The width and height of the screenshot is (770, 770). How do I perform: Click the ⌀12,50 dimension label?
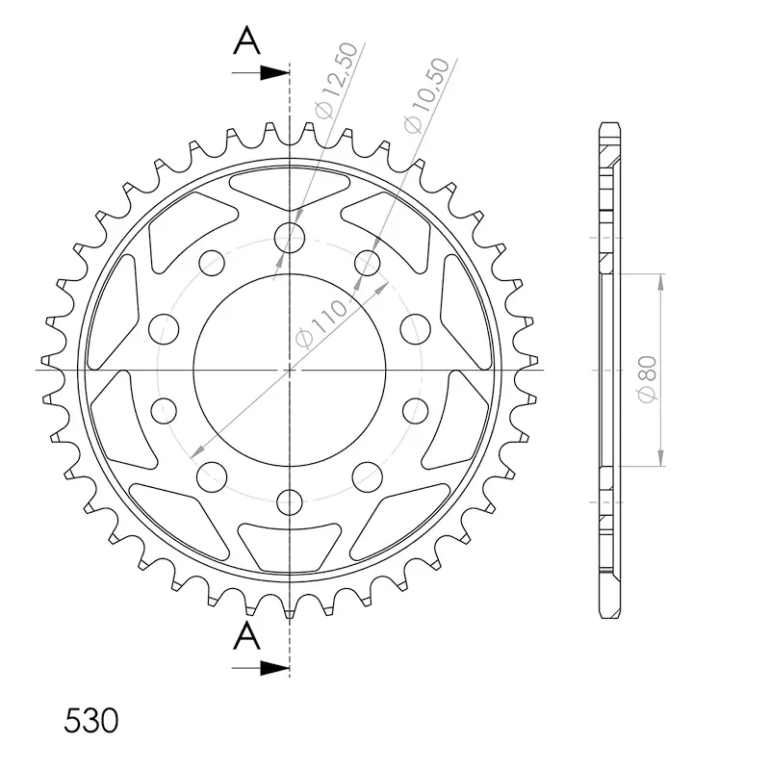336,81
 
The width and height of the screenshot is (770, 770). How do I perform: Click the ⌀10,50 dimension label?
426,95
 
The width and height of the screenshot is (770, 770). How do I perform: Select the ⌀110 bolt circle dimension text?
321,324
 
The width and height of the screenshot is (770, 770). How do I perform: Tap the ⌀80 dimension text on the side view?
647,379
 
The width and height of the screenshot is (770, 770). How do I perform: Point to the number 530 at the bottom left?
91,721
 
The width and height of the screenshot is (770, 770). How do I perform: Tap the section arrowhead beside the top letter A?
274,73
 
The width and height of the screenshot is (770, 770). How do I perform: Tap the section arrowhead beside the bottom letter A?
274,668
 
